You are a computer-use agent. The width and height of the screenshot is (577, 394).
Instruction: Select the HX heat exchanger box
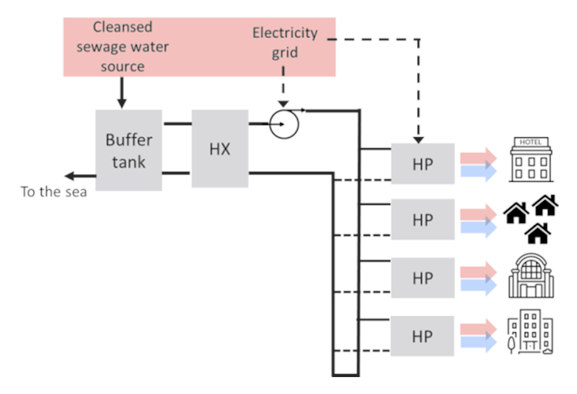tap(219, 149)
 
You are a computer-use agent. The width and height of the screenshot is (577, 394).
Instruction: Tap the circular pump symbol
tap(284, 124)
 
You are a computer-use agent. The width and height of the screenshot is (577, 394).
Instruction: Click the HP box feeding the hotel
tap(422, 164)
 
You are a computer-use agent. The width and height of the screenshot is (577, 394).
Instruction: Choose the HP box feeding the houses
tap(422, 219)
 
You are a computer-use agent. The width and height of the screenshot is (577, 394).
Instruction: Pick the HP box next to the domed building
tap(422, 278)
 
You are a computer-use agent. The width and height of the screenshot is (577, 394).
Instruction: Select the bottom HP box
tap(422, 336)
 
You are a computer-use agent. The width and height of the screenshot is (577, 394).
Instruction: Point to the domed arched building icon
tap(530, 276)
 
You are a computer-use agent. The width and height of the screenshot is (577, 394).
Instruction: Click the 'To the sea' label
tap(54, 191)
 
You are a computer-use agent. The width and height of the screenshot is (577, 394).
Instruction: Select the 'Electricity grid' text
tap(284, 43)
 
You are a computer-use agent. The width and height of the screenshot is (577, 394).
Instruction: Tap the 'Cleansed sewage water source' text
tap(123, 47)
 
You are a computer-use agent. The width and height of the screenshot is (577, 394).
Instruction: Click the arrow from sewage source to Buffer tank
tap(121, 92)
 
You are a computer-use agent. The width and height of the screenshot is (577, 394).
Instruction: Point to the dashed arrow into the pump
tap(284, 88)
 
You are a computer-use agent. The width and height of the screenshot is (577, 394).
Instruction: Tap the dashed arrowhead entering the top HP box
tap(418, 140)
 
